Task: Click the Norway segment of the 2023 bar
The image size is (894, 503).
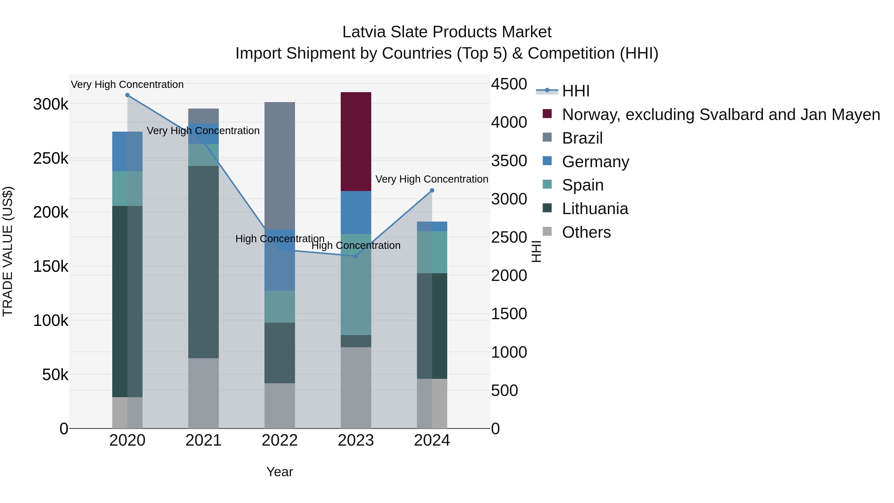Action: pos(356,142)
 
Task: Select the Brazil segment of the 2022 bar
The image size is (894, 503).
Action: pos(279,166)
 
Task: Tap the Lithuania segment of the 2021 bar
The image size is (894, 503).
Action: pos(203,262)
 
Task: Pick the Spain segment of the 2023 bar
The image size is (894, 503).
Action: pos(356,285)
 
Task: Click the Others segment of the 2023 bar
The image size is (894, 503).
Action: pos(356,388)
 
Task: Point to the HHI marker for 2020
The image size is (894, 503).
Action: pos(127,95)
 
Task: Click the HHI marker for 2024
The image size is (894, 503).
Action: pos(432,191)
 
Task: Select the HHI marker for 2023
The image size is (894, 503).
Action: pos(356,256)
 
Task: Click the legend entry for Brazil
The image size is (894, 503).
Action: pos(582,138)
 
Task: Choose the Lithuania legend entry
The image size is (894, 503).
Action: pos(595,209)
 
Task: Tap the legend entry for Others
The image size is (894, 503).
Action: pos(586,232)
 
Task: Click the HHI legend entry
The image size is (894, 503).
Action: pos(575,91)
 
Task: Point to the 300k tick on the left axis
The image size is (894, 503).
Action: pos(51,104)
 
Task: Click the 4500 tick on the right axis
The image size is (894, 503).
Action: pos(509,84)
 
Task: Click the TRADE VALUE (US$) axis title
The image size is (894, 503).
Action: pos(8,251)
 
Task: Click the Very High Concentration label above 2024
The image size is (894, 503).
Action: pos(432,179)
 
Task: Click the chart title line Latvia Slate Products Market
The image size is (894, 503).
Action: pos(447,32)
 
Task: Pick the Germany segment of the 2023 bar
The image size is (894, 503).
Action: pos(356,212)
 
